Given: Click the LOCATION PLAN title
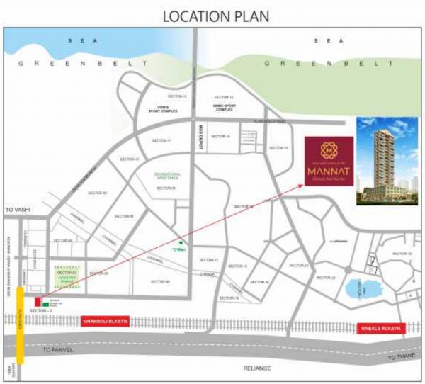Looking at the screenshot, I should click(212, 16).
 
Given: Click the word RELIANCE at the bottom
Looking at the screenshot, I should click(257, 368).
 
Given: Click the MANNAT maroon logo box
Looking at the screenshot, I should click(329, 161).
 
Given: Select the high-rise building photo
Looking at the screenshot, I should click(387, 161).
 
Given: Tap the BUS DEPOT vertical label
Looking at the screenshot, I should click(201, 135).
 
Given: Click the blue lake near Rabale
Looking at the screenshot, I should click(353, 288).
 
